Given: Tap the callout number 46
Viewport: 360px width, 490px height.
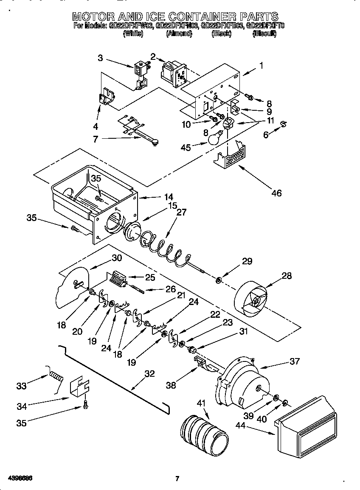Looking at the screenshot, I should pos(276,193).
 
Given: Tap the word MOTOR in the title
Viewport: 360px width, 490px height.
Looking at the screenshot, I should pos(92,17).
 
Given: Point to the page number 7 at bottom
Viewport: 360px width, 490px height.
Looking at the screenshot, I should pos(177,479).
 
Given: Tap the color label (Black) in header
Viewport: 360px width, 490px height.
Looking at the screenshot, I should pos(221,34).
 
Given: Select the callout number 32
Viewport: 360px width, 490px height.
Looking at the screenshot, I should pos(149,374).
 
